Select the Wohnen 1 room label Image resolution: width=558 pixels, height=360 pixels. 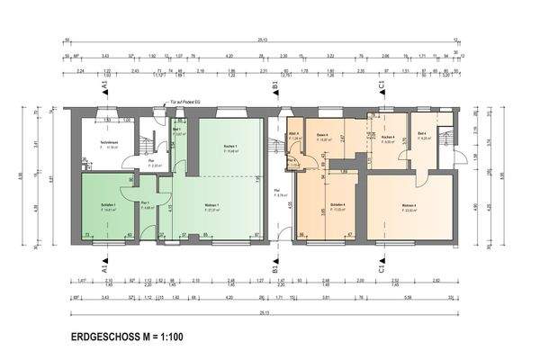click(x=213, y=208)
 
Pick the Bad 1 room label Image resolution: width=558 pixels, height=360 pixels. click(x=177, y=131)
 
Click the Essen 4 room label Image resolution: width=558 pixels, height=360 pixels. click(x=321, y=137)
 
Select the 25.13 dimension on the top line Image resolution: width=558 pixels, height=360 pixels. click(x=262, y=39)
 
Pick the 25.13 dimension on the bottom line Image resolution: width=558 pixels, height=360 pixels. click(x=262, y=311)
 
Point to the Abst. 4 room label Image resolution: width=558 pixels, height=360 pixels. click(x=293, y=137)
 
